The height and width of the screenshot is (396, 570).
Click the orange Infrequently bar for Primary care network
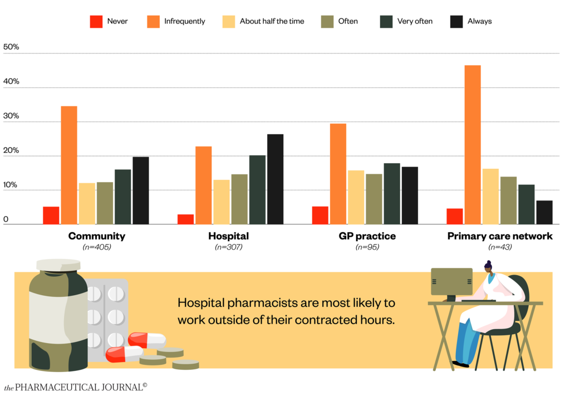click(x=473, y=145)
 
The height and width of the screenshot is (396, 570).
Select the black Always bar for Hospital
click(x=275, y=179)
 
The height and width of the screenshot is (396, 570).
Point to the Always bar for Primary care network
click(x=544, y=212)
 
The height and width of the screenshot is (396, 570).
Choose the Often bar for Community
click(x=105, y=203)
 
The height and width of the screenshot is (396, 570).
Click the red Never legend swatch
click(x=96, y=22)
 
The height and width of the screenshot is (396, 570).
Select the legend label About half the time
click(x=272, y=22)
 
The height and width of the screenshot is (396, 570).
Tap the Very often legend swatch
click(x=386, y=22)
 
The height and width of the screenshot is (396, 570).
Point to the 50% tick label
click(x=11, y=47)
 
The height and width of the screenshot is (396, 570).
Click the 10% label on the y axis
click(x=11, y=185)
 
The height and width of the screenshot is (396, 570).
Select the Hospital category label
click(x=228, y=236)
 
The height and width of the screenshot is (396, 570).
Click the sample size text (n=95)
click(x=367, y=247)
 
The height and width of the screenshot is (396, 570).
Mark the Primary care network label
click(x=500, y=236)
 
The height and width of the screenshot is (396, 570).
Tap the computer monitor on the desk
click(x=451, y=281)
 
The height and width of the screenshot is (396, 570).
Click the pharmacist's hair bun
click(x=488, y=263)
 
